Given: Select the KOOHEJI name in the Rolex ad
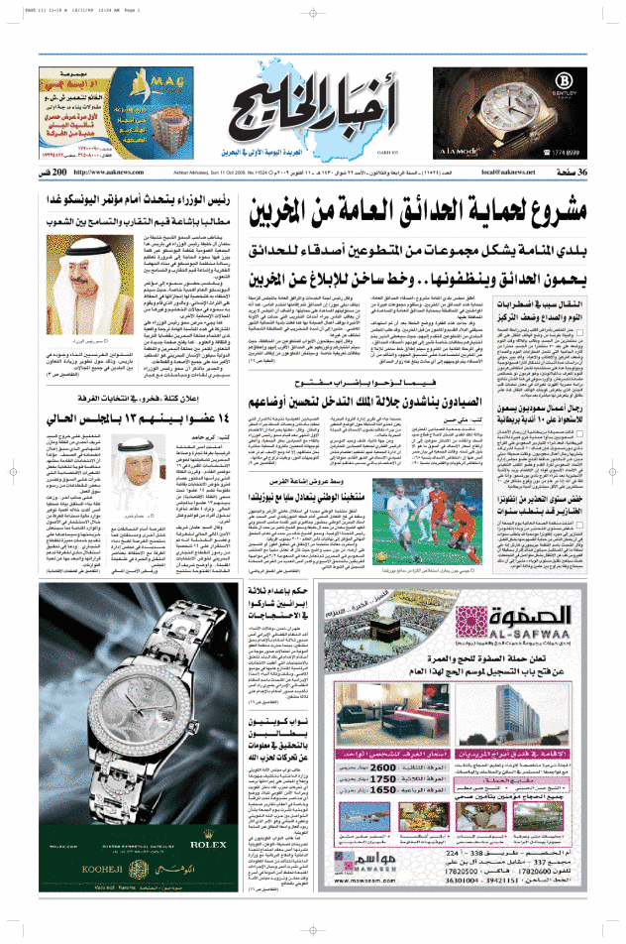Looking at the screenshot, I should (x=96, y=907).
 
